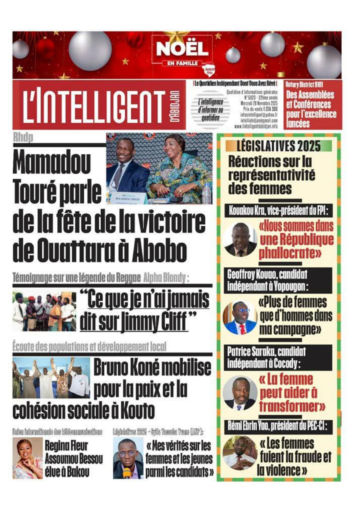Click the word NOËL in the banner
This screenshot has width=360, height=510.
click(x=182, y=49)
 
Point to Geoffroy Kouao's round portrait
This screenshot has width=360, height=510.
click(x=240, y=317)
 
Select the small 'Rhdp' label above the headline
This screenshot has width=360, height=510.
click(x=23, y=137)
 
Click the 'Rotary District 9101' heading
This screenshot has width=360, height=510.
click(x=304, y=85)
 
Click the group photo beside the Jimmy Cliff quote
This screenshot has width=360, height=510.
click(x=44, y=312)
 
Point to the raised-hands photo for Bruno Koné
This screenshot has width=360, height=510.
click(x=51, y=378)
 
